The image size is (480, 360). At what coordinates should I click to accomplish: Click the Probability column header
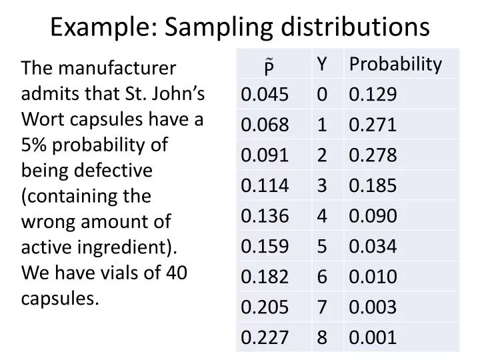[x=395, y=64]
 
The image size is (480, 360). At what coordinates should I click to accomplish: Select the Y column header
[x=322, y=64]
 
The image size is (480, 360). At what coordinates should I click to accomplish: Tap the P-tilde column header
[x=269, y=65]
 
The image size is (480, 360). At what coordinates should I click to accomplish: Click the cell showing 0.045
[x=265, y=95]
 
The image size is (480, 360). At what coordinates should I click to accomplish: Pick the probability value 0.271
[x=373, y=125]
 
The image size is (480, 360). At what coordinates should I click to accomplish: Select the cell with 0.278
[x=373, y=155]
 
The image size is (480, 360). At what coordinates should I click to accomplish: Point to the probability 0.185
[x=373, y=186]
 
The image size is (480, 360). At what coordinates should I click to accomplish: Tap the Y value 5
[x=322, y=247]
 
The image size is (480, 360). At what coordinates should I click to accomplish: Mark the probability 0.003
[x=373, y=307]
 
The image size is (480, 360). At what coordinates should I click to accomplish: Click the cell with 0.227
[x=265, y=337]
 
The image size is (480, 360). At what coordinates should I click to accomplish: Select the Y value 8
[x=322, y=337]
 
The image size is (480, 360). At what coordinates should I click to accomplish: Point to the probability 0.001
[x=373, y=337]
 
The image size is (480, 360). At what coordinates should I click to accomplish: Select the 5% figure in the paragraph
[x=35, y=145]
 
